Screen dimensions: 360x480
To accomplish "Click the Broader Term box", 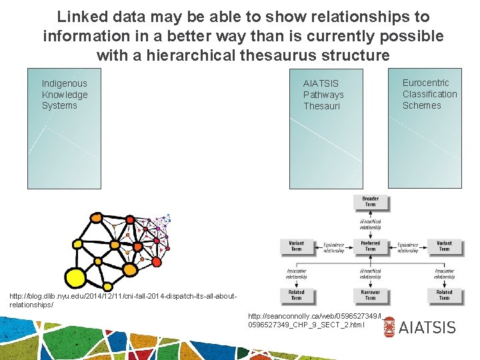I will pos(370,201).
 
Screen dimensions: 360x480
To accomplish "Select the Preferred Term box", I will pos(370,246).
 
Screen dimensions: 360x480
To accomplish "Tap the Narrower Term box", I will pos(370,295).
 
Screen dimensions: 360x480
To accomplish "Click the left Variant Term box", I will pos(296,246).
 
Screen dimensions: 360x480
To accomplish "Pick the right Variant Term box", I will pos(444,246).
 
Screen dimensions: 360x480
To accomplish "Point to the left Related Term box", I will pos(296,295).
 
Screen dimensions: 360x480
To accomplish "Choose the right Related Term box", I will pos(444,295).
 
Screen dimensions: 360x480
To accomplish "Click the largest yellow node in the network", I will pos(75,277).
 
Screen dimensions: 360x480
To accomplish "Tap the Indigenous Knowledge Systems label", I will pos(65,95).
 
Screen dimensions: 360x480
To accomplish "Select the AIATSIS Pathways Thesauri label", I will pos(323,95).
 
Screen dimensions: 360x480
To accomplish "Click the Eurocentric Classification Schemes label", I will pos(429,94).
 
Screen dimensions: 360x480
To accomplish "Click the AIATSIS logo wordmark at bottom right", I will pos(427,327).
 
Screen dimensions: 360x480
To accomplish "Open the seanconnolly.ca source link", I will pos(306,320).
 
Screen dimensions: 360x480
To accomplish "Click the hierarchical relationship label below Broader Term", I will pos(370,224).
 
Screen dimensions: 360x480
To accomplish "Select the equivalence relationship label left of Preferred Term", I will pos(333,247).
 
